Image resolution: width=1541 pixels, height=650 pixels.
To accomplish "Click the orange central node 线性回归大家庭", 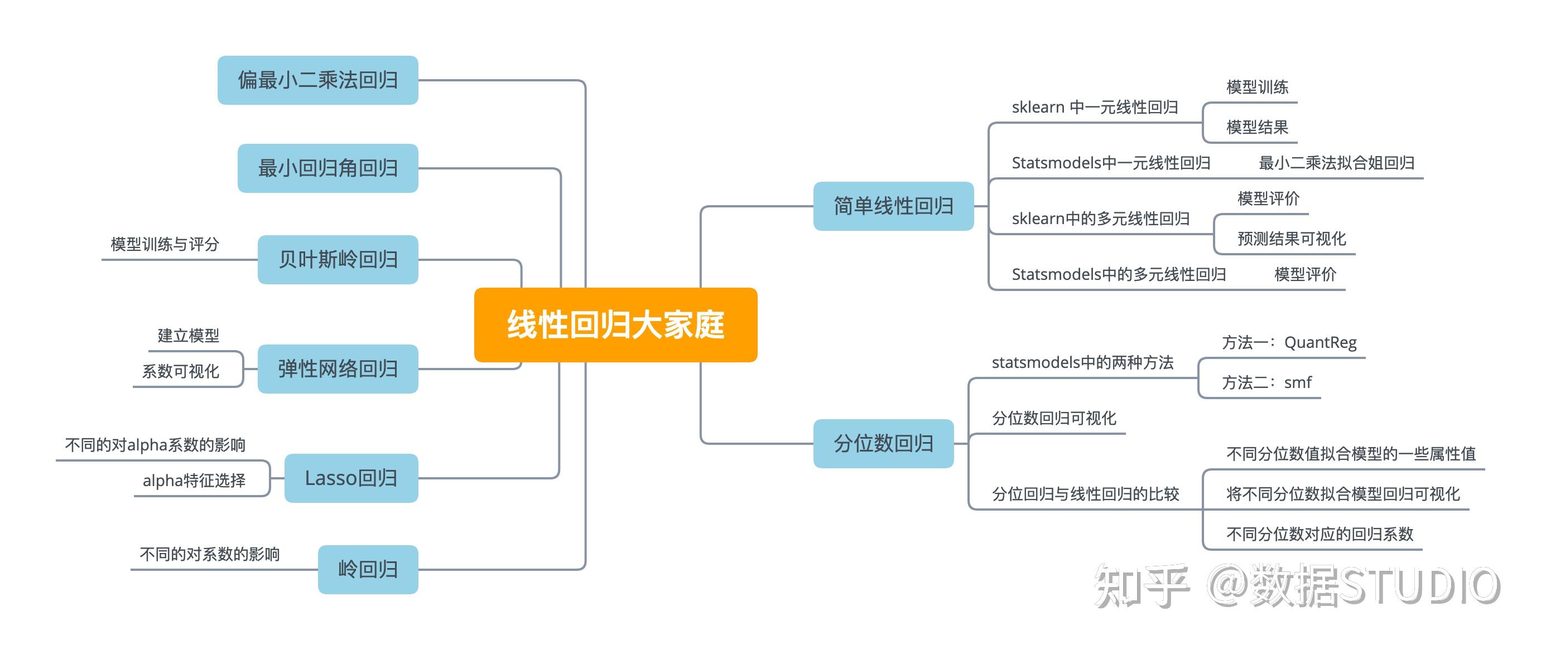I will point(615,324).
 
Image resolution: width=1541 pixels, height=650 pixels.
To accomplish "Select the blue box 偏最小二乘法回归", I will point(317,80).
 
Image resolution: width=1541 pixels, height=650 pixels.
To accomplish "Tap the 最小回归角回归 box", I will point(328,168).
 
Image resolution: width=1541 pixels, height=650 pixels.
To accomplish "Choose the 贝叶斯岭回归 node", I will point(338,260).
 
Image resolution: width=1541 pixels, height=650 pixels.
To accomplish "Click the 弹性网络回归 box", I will point(338,368).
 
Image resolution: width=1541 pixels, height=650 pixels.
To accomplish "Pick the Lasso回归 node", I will point(351,478).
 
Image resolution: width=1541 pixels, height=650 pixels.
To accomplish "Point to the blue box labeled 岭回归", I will point(368,569).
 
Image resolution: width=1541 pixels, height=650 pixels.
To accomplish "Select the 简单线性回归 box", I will point(893,206).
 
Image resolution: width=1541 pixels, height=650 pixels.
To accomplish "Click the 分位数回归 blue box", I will point(883,443).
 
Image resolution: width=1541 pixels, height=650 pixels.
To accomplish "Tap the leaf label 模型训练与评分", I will point(165,244).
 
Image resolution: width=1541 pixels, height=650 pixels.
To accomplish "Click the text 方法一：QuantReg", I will point(1289,342).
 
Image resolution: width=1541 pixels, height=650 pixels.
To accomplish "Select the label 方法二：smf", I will point(1266,382).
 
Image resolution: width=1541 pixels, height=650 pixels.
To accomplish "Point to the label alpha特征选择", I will point(194,480).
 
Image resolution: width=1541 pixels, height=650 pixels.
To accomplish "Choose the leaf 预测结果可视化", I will point(1292,239).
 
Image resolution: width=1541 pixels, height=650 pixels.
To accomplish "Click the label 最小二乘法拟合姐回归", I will point(1336,163).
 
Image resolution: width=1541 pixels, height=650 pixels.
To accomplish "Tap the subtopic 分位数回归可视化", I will point(1053,418).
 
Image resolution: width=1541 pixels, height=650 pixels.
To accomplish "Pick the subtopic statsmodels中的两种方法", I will point(1082,362).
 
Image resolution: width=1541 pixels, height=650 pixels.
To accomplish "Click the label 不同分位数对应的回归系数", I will point(1319,533).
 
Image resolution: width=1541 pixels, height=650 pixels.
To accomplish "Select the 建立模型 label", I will point(189,336).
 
